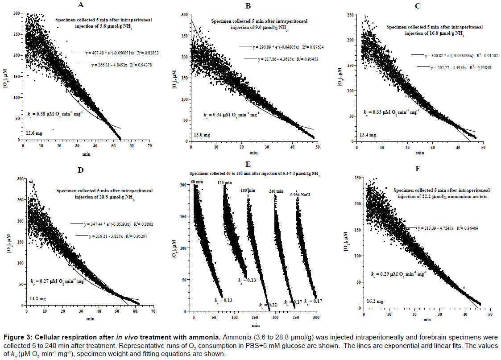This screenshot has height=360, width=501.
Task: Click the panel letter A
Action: tap(80, 5)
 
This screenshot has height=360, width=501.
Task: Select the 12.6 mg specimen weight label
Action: tap(34, 133)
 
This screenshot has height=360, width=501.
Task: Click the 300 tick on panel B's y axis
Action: tap(184, 15)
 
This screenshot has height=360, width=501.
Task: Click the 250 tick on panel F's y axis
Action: tap(356, 179)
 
